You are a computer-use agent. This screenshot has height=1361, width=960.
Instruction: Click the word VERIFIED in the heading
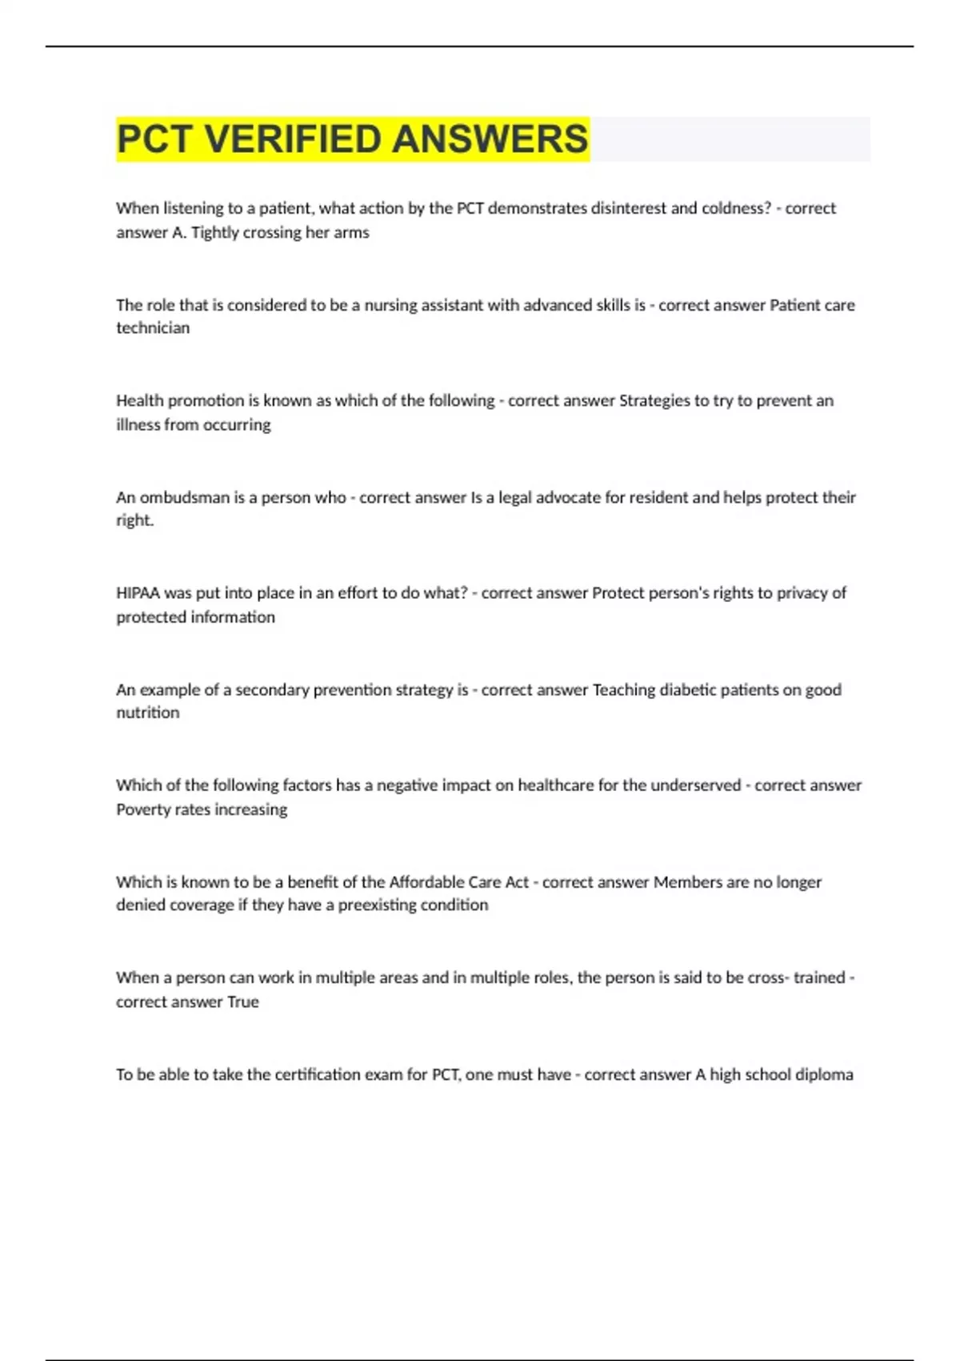pyautogui.click(x=293, y=139)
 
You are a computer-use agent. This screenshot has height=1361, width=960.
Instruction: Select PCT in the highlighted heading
pyautogui.click(x=154, y=139)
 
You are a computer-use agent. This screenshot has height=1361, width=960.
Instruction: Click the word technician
pyautogui.click(x=153, y=328)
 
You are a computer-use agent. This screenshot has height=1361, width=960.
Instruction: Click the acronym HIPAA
pyautogui.click(x=138, y=593)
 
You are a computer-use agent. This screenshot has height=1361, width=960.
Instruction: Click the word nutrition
pyautogui.click(x=148, y=713)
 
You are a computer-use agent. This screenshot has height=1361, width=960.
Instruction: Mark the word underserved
pyautogui.click(x=695, y=785)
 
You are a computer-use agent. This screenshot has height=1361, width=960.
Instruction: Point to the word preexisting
pyautogui.click(x=380, y=905)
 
